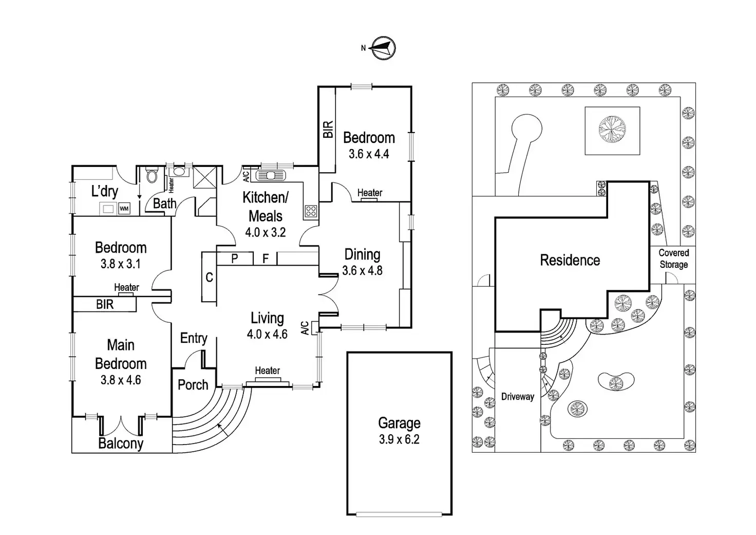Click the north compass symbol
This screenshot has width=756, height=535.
(x=383, y=48)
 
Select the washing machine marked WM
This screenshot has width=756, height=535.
(x=124, y=209)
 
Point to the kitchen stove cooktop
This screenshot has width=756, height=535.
(x=311, y=210)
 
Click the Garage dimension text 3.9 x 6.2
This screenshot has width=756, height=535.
(x=399, y=439)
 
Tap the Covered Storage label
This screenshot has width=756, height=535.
(x=673, y=259)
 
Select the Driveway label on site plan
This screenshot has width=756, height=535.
(x=517, y=397)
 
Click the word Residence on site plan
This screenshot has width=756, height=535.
(x=570, y=260)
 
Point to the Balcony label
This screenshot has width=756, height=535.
(x=121, y=444)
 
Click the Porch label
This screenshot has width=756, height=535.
(x=193, y=385)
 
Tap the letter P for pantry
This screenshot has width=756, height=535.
(x=235, y=259)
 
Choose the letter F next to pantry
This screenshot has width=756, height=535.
(x=266, y=259)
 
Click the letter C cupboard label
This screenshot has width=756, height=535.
(x=209, y=278)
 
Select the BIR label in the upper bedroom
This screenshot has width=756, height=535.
(x=328, y=129)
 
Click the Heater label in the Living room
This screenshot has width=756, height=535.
(x=267, y=371)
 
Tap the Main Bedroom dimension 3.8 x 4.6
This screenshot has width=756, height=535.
(x=121, y=380)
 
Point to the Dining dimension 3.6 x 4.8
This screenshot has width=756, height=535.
(x=362, y=271)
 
